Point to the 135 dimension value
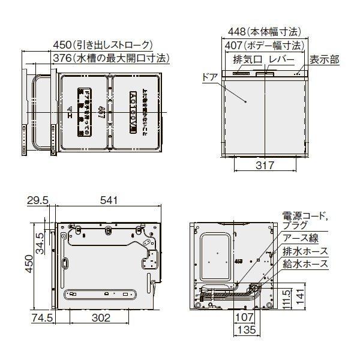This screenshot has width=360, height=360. pyautogui.click(x=244, y=329)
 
